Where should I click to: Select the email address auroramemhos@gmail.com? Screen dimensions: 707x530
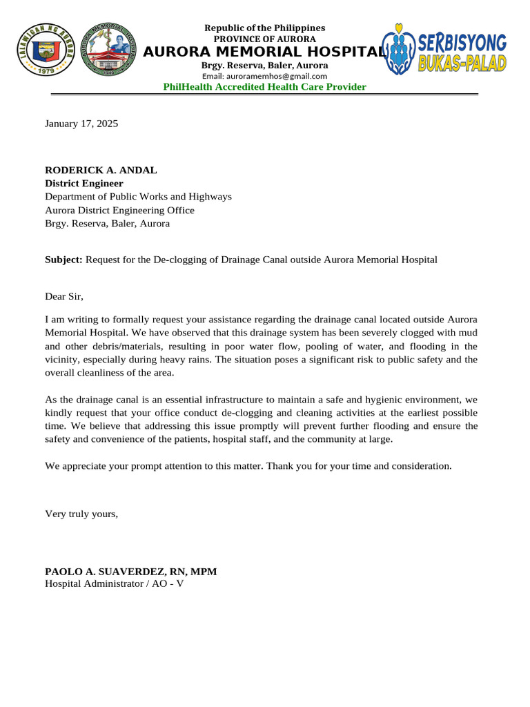[264, 75]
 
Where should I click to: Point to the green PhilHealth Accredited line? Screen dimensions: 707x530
[264, 86]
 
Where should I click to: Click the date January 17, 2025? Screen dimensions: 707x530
[81, 124]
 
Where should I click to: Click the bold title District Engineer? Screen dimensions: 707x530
[84, 183]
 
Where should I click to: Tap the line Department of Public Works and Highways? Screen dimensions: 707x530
[138, 197]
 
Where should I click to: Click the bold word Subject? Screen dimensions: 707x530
[63, 260]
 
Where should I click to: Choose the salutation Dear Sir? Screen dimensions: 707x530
[64, 297]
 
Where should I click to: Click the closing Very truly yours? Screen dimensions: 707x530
[81, 513]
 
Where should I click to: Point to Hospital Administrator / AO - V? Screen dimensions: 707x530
[114, 583]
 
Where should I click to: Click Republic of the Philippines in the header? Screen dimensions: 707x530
[264, 28]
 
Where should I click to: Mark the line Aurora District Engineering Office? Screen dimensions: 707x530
[119, 210]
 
